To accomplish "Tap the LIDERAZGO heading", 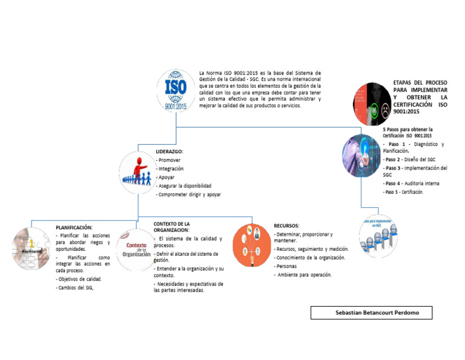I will (x=170, y=151).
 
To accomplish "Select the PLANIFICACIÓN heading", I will (x=74, y=227).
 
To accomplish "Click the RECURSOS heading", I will (x=286, y=225).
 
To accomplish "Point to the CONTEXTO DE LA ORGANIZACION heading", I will (x=176, y=227).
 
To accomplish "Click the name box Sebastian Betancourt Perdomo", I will (x=372, y=313).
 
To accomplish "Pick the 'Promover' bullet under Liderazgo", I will (x=169, y=160).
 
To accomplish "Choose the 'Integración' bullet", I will (x=171, y=168).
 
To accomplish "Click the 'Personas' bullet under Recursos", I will (x=287, y=266).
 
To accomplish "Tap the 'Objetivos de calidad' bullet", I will (x=79, y=279).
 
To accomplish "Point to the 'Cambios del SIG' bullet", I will (x=74, y=288).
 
